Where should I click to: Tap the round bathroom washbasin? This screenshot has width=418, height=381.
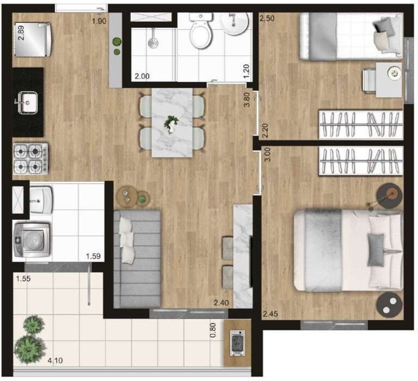234,23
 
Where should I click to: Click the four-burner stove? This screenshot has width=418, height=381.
31,159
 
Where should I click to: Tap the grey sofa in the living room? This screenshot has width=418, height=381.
137,259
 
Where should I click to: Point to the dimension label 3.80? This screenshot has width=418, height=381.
247,100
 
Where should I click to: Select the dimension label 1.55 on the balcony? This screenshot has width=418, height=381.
23,278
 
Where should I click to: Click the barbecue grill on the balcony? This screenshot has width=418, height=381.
237,342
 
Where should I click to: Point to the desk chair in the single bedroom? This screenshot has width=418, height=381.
369,81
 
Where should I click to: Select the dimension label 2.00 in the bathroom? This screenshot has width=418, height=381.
142,76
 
